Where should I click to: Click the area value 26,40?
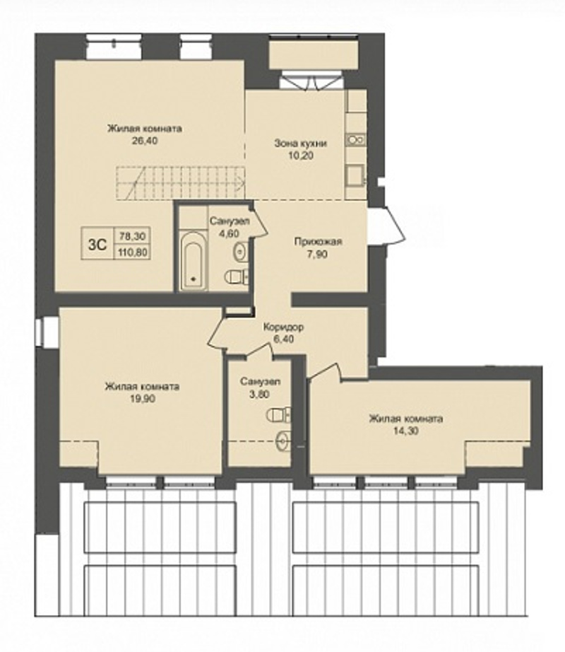pos(145,141)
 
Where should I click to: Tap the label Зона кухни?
pos(301,144)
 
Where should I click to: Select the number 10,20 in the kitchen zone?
pos(301,156)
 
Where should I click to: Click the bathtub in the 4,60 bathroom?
pos(194,260)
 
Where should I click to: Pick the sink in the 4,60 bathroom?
pos(242,252)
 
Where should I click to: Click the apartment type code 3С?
pos(97,245)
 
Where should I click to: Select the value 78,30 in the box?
pos(133,236)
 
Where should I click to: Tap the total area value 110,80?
pos(133,252)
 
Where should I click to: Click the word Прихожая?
pos(318,242)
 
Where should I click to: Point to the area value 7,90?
pos(318,254)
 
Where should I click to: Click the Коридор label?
pos(283,327)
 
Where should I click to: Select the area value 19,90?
pos(142,398)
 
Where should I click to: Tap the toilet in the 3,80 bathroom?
pos(278,414)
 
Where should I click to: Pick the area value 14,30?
pos(406,431)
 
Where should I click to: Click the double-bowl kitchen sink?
pos(356,140)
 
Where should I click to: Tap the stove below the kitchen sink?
pos(355,175)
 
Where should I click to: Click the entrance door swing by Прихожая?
pos(389,226)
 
